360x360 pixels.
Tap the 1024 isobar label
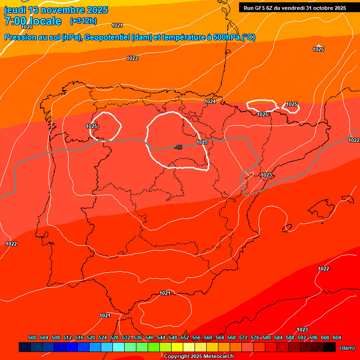(210, 101)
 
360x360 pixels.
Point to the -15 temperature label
(178, 148)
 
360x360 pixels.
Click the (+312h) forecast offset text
(83, 21)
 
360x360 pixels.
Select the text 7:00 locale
(33, 21)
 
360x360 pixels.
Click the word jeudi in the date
(16, 10)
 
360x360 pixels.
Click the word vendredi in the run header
(292, 8)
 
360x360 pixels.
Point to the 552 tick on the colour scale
(185, 337)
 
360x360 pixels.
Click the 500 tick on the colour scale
(32, 337)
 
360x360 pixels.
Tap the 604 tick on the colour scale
(337, 337)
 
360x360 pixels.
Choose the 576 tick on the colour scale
(255, 337)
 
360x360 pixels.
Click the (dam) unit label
(347, 348)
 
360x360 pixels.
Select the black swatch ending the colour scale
(330, 347)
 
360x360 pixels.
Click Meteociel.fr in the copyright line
(219, 357)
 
